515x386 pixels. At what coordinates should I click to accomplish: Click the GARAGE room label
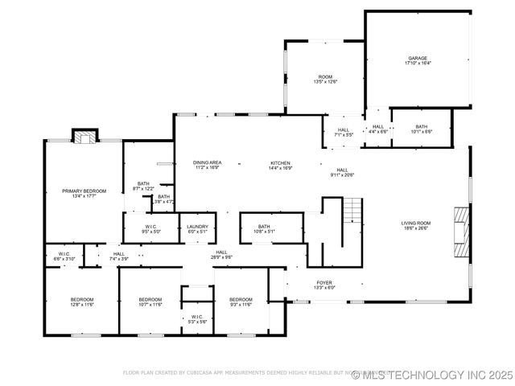point(417,60)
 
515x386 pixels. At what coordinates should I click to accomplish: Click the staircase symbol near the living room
point(352,212)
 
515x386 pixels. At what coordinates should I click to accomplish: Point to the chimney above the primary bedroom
point(84,135)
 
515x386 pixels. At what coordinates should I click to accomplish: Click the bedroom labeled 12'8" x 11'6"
point(81,302)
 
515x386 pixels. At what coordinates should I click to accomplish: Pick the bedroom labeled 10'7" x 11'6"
point(150,302)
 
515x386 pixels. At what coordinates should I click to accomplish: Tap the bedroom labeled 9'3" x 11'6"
point(240,302)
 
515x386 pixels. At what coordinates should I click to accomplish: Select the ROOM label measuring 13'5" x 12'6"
point(325,79)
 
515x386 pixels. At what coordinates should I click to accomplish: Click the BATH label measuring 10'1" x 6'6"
point(422,129)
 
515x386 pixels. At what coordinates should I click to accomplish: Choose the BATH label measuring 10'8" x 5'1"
point(265,229)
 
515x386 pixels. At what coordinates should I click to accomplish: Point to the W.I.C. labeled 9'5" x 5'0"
point(150,229)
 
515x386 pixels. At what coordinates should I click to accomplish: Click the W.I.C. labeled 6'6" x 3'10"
point(64,257)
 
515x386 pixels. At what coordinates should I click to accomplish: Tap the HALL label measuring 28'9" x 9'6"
point(221,254)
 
